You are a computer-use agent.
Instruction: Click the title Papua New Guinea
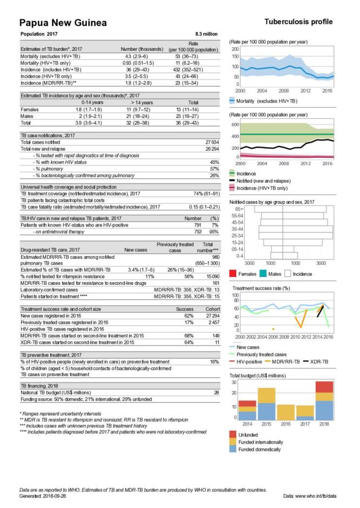[63, 23]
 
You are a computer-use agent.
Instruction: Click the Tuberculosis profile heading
[298, 22]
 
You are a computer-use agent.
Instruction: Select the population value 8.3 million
[206, 34]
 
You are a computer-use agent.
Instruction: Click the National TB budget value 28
[216, 392]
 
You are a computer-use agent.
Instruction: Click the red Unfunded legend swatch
[232, 435]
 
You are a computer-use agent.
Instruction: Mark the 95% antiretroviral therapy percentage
[214, 231]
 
